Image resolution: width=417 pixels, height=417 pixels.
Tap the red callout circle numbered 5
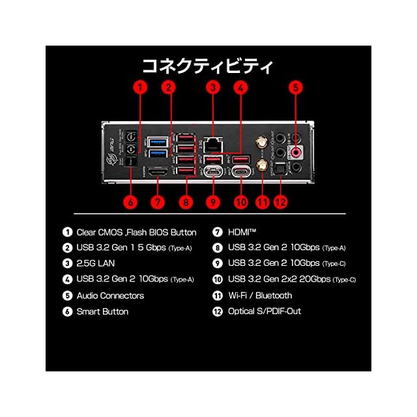tap(296, 86)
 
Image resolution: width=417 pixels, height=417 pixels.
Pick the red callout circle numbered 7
tap(156, 201)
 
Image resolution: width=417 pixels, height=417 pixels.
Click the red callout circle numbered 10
tap(241, 201)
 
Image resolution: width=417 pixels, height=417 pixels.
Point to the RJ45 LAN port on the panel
tap(212, 141)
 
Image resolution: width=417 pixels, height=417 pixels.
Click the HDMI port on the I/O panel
tap(156, 173)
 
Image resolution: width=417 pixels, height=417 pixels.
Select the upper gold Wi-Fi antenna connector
tap(259, 141)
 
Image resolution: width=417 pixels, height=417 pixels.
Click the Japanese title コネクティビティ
tap(208, 66)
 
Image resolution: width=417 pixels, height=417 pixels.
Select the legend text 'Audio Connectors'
tap(110, 295)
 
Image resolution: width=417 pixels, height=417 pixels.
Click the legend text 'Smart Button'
tap(102, 311)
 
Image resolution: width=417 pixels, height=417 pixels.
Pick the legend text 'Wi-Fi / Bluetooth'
tap(261, 295)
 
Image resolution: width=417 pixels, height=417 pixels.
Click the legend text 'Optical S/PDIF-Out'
tap(265, 311)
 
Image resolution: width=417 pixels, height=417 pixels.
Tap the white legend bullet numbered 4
tap(67, 280)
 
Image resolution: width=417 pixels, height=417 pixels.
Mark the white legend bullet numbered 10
tap(218, 280)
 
